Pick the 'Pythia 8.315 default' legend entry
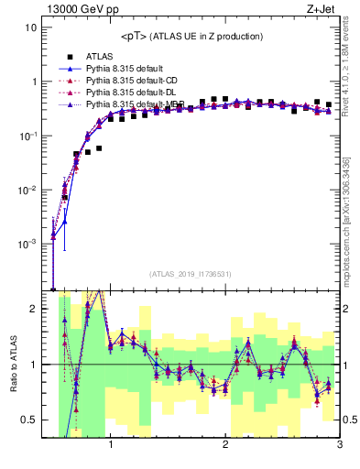[126, 69]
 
